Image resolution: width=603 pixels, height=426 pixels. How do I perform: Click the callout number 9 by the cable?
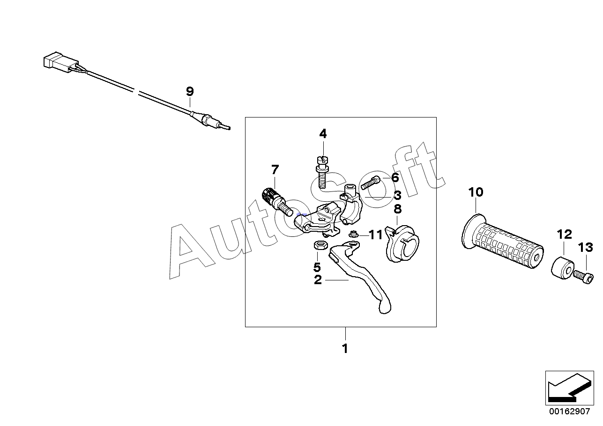pos(189,91)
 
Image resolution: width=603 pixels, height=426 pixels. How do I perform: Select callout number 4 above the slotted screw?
pos(323,134)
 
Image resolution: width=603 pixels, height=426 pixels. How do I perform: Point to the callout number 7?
pos(275,169)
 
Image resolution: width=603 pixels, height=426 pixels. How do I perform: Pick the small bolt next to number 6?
pos(368,183)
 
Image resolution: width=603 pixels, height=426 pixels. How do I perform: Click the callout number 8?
pos(397,209)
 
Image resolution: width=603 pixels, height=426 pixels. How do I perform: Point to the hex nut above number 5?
pos(318,245)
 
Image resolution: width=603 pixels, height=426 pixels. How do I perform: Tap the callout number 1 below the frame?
pos(345,349)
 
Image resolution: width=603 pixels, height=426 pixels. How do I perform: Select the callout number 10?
pos(476,192)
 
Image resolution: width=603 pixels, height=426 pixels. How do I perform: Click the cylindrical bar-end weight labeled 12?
pos(562,268)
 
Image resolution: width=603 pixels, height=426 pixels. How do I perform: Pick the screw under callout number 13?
pos(582,277)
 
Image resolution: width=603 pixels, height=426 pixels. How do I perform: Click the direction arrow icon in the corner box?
pos(567,388)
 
